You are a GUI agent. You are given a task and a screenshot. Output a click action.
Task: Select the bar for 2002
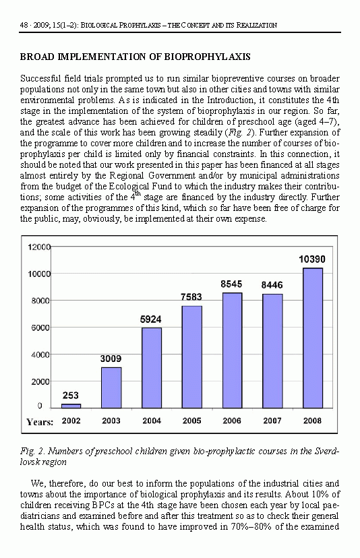71,406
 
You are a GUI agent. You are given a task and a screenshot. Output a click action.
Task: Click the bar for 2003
111,387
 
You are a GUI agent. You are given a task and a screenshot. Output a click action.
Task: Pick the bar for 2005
192,357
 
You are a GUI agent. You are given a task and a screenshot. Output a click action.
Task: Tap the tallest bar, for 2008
313,338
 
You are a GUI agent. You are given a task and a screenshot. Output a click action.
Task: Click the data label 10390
312,259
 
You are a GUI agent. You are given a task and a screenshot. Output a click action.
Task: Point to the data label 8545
231,284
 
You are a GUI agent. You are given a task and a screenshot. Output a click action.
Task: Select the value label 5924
150,319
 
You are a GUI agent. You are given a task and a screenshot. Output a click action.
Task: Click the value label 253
71,396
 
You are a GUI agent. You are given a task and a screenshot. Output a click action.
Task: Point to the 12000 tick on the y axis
39,247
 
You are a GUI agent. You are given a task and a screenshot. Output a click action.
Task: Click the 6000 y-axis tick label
40,328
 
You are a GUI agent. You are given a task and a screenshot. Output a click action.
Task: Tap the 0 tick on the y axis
40,406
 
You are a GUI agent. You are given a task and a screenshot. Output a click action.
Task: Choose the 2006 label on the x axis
232,421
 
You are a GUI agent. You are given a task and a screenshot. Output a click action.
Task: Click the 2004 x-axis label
152,421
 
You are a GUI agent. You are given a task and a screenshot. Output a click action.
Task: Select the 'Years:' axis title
40,422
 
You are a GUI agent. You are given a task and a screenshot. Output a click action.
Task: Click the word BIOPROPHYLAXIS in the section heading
207,57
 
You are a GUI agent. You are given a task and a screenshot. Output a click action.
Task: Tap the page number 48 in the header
24,25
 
